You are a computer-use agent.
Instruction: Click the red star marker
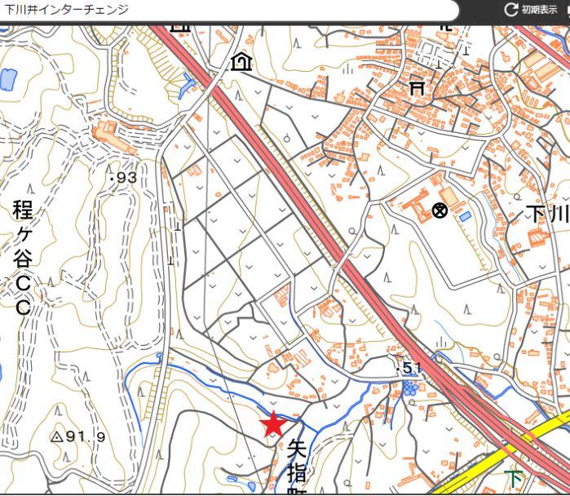273,424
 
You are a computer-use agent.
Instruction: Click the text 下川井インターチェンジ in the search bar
67,10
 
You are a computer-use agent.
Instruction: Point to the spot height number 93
126,177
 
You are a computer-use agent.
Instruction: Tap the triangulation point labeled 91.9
56,436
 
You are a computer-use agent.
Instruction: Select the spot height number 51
412,369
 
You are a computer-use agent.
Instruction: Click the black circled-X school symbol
440,211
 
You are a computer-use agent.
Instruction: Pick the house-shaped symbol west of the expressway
241,61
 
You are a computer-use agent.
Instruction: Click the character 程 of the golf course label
23,210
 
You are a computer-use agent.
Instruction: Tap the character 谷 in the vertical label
23,260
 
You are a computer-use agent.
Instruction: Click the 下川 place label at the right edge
546,215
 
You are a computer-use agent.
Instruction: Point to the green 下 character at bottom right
514,479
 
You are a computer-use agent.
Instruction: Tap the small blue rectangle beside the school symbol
465,216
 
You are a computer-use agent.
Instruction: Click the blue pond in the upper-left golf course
8,80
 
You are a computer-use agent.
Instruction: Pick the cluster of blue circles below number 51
410,387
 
